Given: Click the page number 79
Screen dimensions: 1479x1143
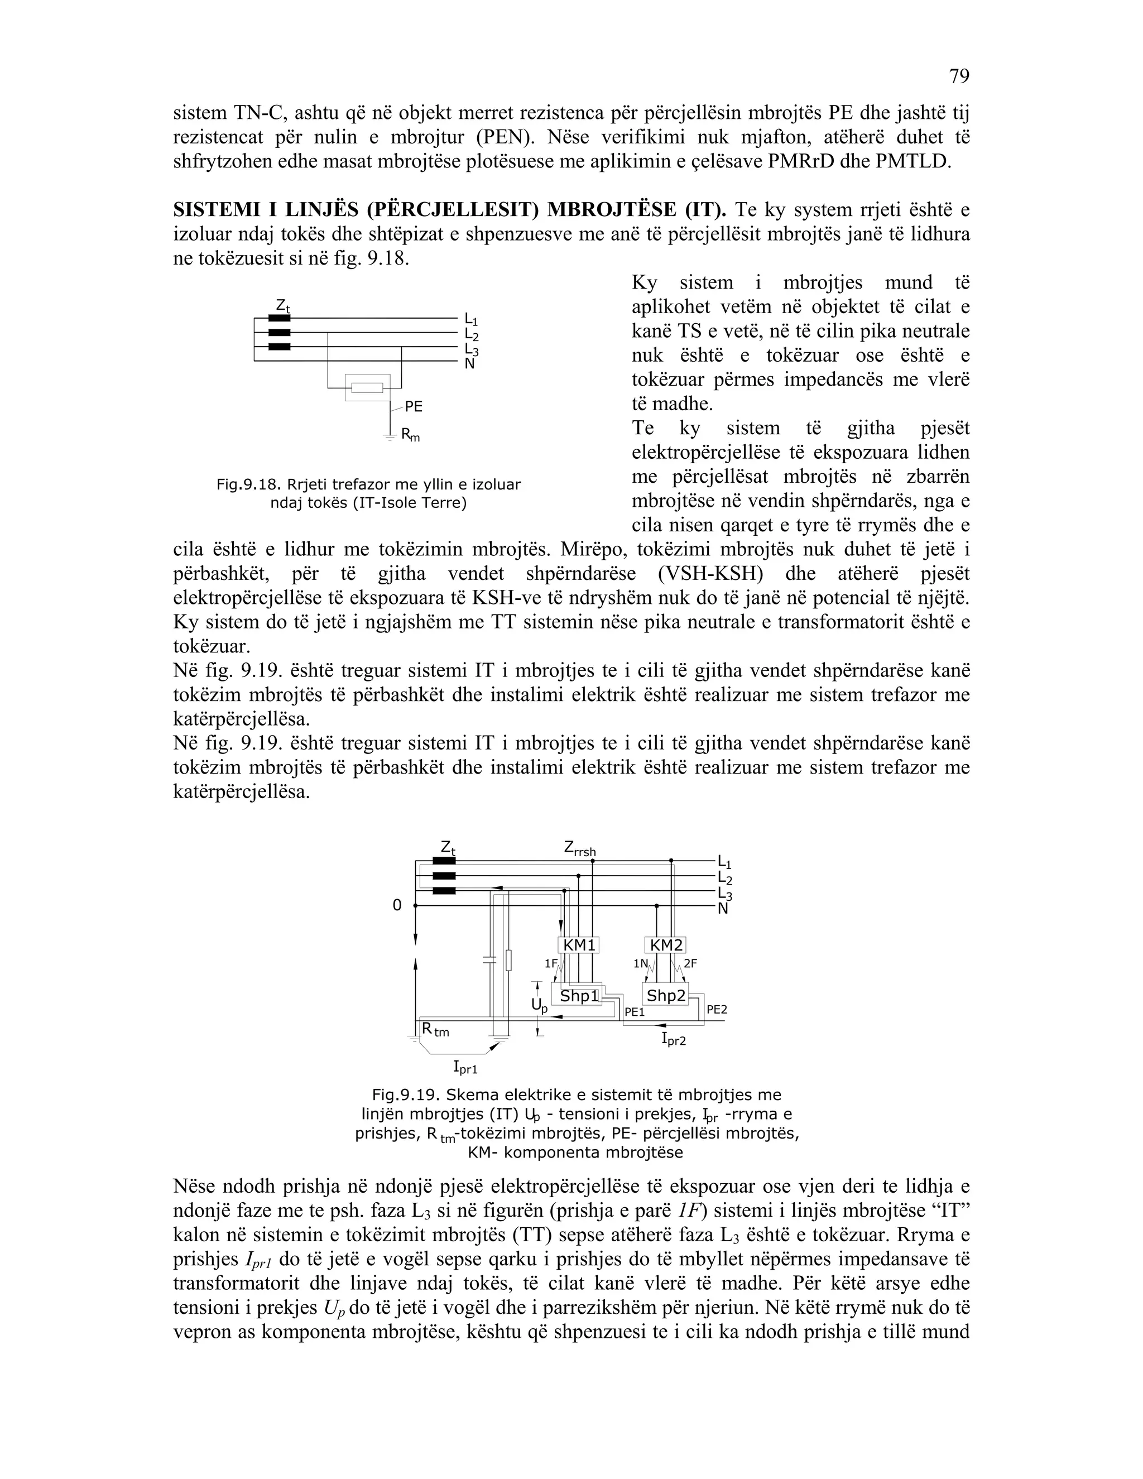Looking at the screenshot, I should click(959, 76).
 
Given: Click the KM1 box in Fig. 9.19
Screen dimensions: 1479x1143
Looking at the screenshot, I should click(579, 945).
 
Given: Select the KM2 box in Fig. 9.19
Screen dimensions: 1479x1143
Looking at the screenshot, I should click(666, 945).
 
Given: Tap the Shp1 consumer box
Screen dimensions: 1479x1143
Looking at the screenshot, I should click(579, 996).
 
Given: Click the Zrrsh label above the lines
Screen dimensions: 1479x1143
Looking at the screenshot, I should click(580, 848).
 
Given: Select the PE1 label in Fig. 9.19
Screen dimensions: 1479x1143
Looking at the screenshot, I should click(635, 1012).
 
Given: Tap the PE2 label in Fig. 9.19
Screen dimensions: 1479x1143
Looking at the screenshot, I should click(717, 1009).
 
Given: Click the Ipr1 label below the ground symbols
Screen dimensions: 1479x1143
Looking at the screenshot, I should click(465, 1068).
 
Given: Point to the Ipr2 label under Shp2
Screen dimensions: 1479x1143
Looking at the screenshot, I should click(674, 1039).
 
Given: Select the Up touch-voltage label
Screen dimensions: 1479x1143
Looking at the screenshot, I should click(539, 1006).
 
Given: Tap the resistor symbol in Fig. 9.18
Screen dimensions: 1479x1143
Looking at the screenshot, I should click(368, 388).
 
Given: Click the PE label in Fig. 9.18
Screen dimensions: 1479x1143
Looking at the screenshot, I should click(414, 406).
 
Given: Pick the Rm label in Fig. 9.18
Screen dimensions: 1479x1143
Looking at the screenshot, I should click(410, 435).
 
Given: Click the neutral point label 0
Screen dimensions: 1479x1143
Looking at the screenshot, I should click(397, 905).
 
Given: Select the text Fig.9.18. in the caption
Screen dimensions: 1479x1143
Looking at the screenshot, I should click(248, 484).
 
